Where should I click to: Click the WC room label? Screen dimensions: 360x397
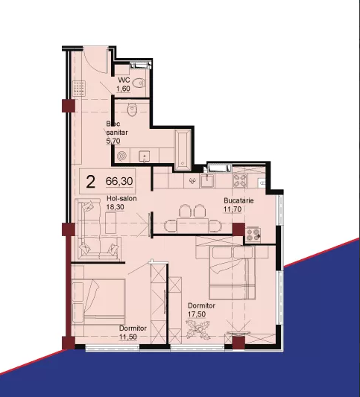click(124, 80)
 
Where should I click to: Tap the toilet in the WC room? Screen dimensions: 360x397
click(139, 83)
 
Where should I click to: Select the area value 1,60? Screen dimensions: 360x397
click(123, 89)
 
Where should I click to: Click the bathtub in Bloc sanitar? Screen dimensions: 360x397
click(183, 150)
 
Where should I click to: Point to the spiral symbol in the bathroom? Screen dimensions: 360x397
click(121, 156)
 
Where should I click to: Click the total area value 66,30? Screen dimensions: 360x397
click(119, 181)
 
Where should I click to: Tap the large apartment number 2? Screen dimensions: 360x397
click(90, 182)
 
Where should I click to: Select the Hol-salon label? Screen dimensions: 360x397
click(121, 198)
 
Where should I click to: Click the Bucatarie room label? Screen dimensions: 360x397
click(239, 200)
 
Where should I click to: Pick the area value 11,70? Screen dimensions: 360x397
click(233, 209)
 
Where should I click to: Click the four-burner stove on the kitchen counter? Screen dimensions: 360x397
click(240, 180)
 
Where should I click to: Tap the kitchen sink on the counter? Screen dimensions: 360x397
click(207, 180)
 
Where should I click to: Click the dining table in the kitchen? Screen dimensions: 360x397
click(193, 226)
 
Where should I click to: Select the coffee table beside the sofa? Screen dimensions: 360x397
click(111, 223)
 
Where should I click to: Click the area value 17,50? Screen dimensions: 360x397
click(197, 314)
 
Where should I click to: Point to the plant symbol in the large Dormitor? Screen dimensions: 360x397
click(198, 329)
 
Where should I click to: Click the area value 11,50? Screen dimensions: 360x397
click(128, 337)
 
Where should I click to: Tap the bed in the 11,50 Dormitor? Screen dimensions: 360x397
click(98, 302)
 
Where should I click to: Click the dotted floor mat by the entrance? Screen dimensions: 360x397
click(79, 89)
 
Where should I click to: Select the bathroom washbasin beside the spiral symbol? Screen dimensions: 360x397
click(144, 156)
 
